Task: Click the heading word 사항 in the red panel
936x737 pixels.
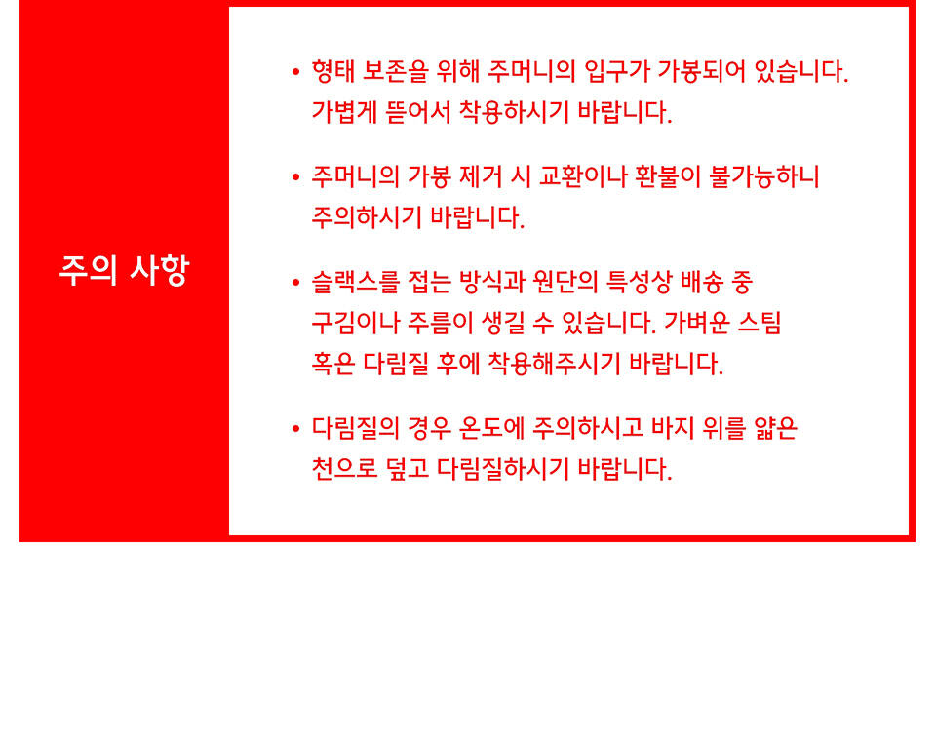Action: (159, 270)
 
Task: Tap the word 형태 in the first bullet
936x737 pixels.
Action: (333, 71)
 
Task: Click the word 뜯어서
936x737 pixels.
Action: (418, 112)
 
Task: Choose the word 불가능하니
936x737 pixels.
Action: (764, 176)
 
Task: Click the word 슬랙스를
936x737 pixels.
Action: (355, 283)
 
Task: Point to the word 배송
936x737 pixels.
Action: (701, 283)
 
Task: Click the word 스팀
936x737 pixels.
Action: (760, 323)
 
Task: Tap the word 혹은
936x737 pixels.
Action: (333, 364)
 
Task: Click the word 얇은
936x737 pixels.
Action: (775, 428)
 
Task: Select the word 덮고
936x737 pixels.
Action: (408, 469)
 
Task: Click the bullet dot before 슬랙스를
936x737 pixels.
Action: (295, 283)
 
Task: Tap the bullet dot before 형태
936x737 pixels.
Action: (295, 72)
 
